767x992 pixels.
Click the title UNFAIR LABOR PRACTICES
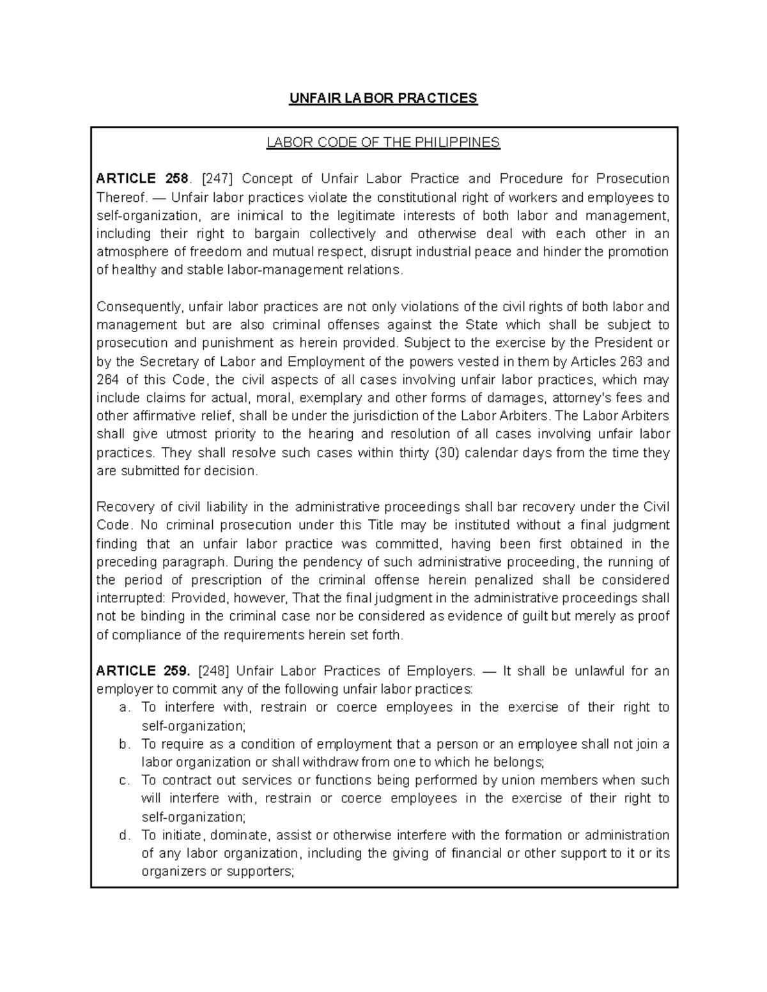383,98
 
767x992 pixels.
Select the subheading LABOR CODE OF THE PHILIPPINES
383,142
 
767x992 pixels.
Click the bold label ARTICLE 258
142,178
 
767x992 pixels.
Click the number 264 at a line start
107,380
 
